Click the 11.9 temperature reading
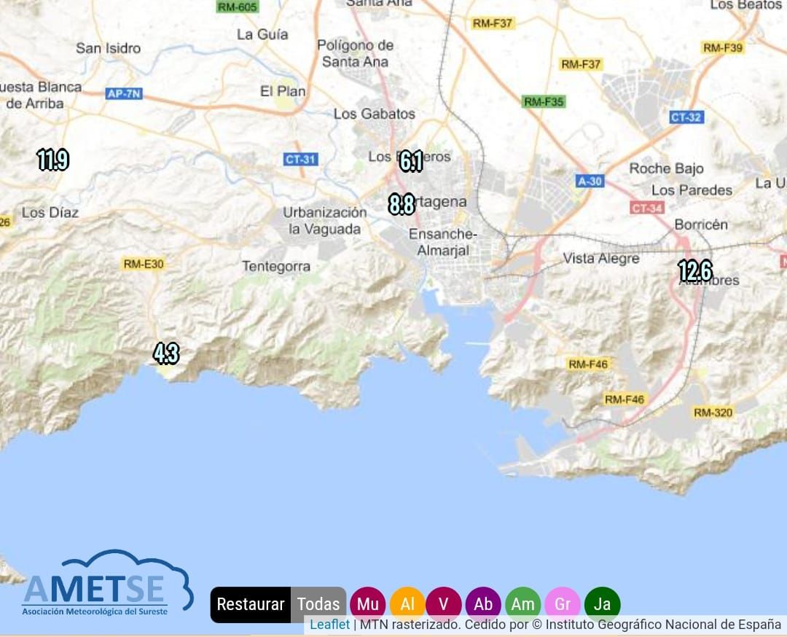[53, 159]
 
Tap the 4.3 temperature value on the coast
[166, 353]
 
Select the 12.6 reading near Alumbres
[694, 270]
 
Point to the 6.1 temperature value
[411, 161]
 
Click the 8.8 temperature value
[402, 205]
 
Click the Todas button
[318, 604]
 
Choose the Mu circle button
[368, 604]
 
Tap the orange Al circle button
[407, 604]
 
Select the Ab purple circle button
[483, 604]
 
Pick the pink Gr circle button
[563, 604]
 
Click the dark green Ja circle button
[602, 604]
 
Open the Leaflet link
[329, 625]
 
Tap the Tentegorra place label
[276, 267]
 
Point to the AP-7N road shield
[124, 93]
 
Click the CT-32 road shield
[686, 117]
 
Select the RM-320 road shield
[713, 413]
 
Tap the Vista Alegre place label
[601, 258]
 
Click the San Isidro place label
[109, 48]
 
